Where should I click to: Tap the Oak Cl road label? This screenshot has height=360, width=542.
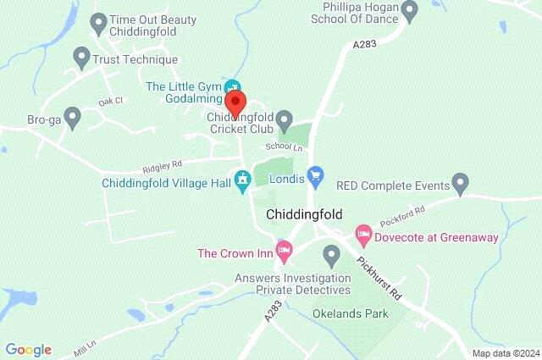pyautogui.click(x=110, y=101)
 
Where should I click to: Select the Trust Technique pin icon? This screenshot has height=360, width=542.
pyautogui.click(x=82, y=58)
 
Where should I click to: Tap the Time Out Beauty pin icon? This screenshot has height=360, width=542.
pyautogui.click(x=98, y=21)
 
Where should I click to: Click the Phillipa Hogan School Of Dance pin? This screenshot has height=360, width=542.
pyautogui.click(x=411, y=12)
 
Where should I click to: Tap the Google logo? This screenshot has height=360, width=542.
pyautogui.click(x=29, y=349)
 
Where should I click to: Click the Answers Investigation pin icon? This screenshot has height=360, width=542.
pyautogui.click(x=331, y=253)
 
